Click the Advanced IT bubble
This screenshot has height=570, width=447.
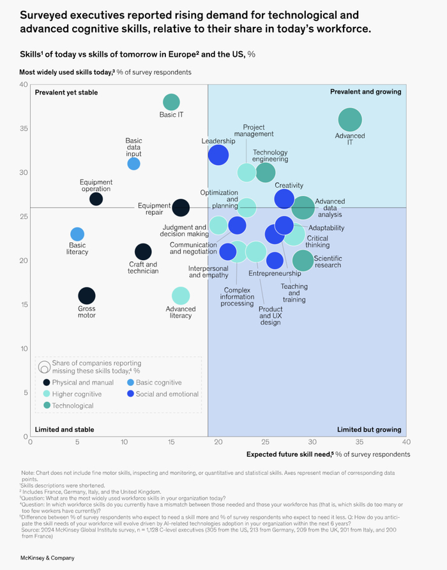pos(349,120)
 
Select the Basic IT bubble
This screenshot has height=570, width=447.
pos(171,102)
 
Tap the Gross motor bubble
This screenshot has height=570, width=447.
pos(87,296)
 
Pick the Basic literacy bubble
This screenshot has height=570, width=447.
pos(77,235)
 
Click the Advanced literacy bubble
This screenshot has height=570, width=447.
pos(181,296)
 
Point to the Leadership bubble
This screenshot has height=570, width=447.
pos(218,155)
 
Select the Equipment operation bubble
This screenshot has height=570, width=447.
pos(96,199)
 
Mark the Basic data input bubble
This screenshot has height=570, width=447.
pos(133,164)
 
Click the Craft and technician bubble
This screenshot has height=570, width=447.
pos(143,252)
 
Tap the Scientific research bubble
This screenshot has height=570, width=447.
pos(303,260)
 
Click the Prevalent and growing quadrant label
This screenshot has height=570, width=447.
pos(365,92)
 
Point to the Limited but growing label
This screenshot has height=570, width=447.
pos(369,429)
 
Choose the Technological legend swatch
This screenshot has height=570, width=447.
pos(47,406)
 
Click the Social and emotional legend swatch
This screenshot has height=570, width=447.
pos(130,394)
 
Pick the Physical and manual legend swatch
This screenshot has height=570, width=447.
pos(47,383)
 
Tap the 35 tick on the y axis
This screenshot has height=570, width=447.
pos(23,128)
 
